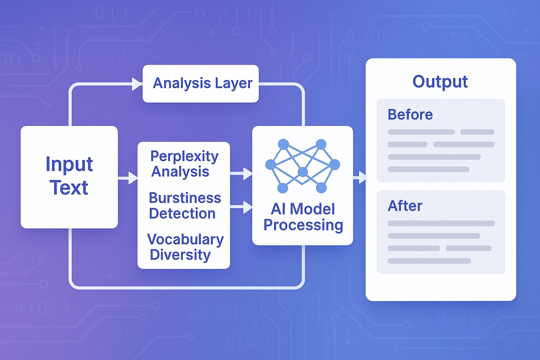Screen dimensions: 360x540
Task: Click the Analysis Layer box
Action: [200, 84]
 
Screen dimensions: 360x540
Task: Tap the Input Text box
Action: [69, 177]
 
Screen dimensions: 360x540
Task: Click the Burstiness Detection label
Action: [184, 206]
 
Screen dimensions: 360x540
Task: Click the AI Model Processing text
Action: [303, 217]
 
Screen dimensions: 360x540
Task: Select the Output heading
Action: [440, 82]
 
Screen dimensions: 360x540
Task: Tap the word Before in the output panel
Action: [410, 115]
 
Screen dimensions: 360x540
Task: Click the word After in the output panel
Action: [405, 206]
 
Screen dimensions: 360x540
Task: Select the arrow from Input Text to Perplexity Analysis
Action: [128, 178]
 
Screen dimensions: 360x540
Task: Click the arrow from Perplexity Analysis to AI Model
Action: [242, 173]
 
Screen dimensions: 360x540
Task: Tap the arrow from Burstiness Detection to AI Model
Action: [242, 207]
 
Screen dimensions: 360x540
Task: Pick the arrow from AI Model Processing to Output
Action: [360, 177]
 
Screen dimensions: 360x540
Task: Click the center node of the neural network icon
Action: [303, 172]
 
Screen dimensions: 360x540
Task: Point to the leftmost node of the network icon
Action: [270, 165]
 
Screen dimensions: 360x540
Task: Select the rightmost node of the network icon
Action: [335, 164]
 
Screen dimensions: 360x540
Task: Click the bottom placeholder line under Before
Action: [428, 169]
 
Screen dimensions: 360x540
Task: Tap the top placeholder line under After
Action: [441, 223]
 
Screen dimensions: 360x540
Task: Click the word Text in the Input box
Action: [69, 188]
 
